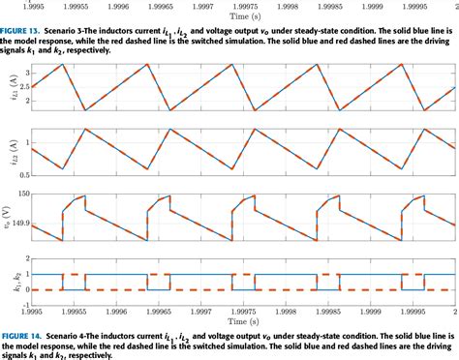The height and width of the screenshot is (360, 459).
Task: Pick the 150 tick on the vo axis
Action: pyautogui.click(x=21, y=194)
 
